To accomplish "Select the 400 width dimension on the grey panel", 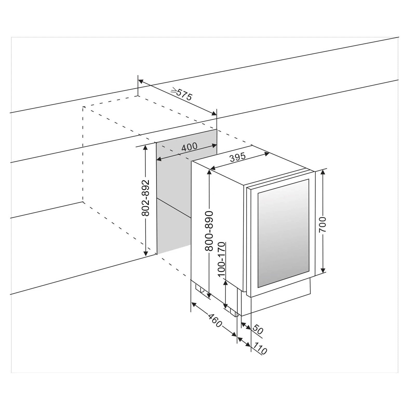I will pyautogui.click(x=189, y=147).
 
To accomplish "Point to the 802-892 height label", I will pyautogui.click(x=146, y=198).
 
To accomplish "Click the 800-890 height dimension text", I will pyautogui.click(x=209, y=231).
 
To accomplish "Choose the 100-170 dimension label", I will pyautogui.click(x=222, y=260).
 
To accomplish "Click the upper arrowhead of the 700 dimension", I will pyautogui.click(x=323, y=172).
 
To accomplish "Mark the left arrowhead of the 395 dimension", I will pyautogui.click(x=212, y=169).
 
